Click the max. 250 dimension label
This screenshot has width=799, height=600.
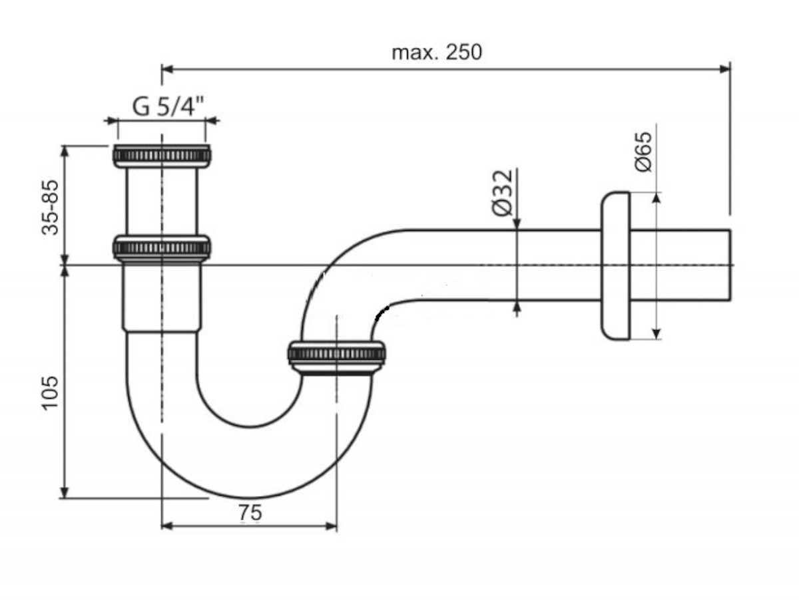point(436,52)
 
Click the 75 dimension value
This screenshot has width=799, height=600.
point(250,512)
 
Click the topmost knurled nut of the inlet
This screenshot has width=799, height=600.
point(162,156)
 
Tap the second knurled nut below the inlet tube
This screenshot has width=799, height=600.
point(162,247)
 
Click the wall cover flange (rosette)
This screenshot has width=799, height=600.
point(615,266)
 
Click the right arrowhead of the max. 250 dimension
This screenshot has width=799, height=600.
point(725,69)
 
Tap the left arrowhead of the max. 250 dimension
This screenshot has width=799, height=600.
point(167,69)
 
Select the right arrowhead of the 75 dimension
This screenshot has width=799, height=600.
point(331,526)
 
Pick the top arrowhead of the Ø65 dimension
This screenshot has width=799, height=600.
point(657,198)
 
